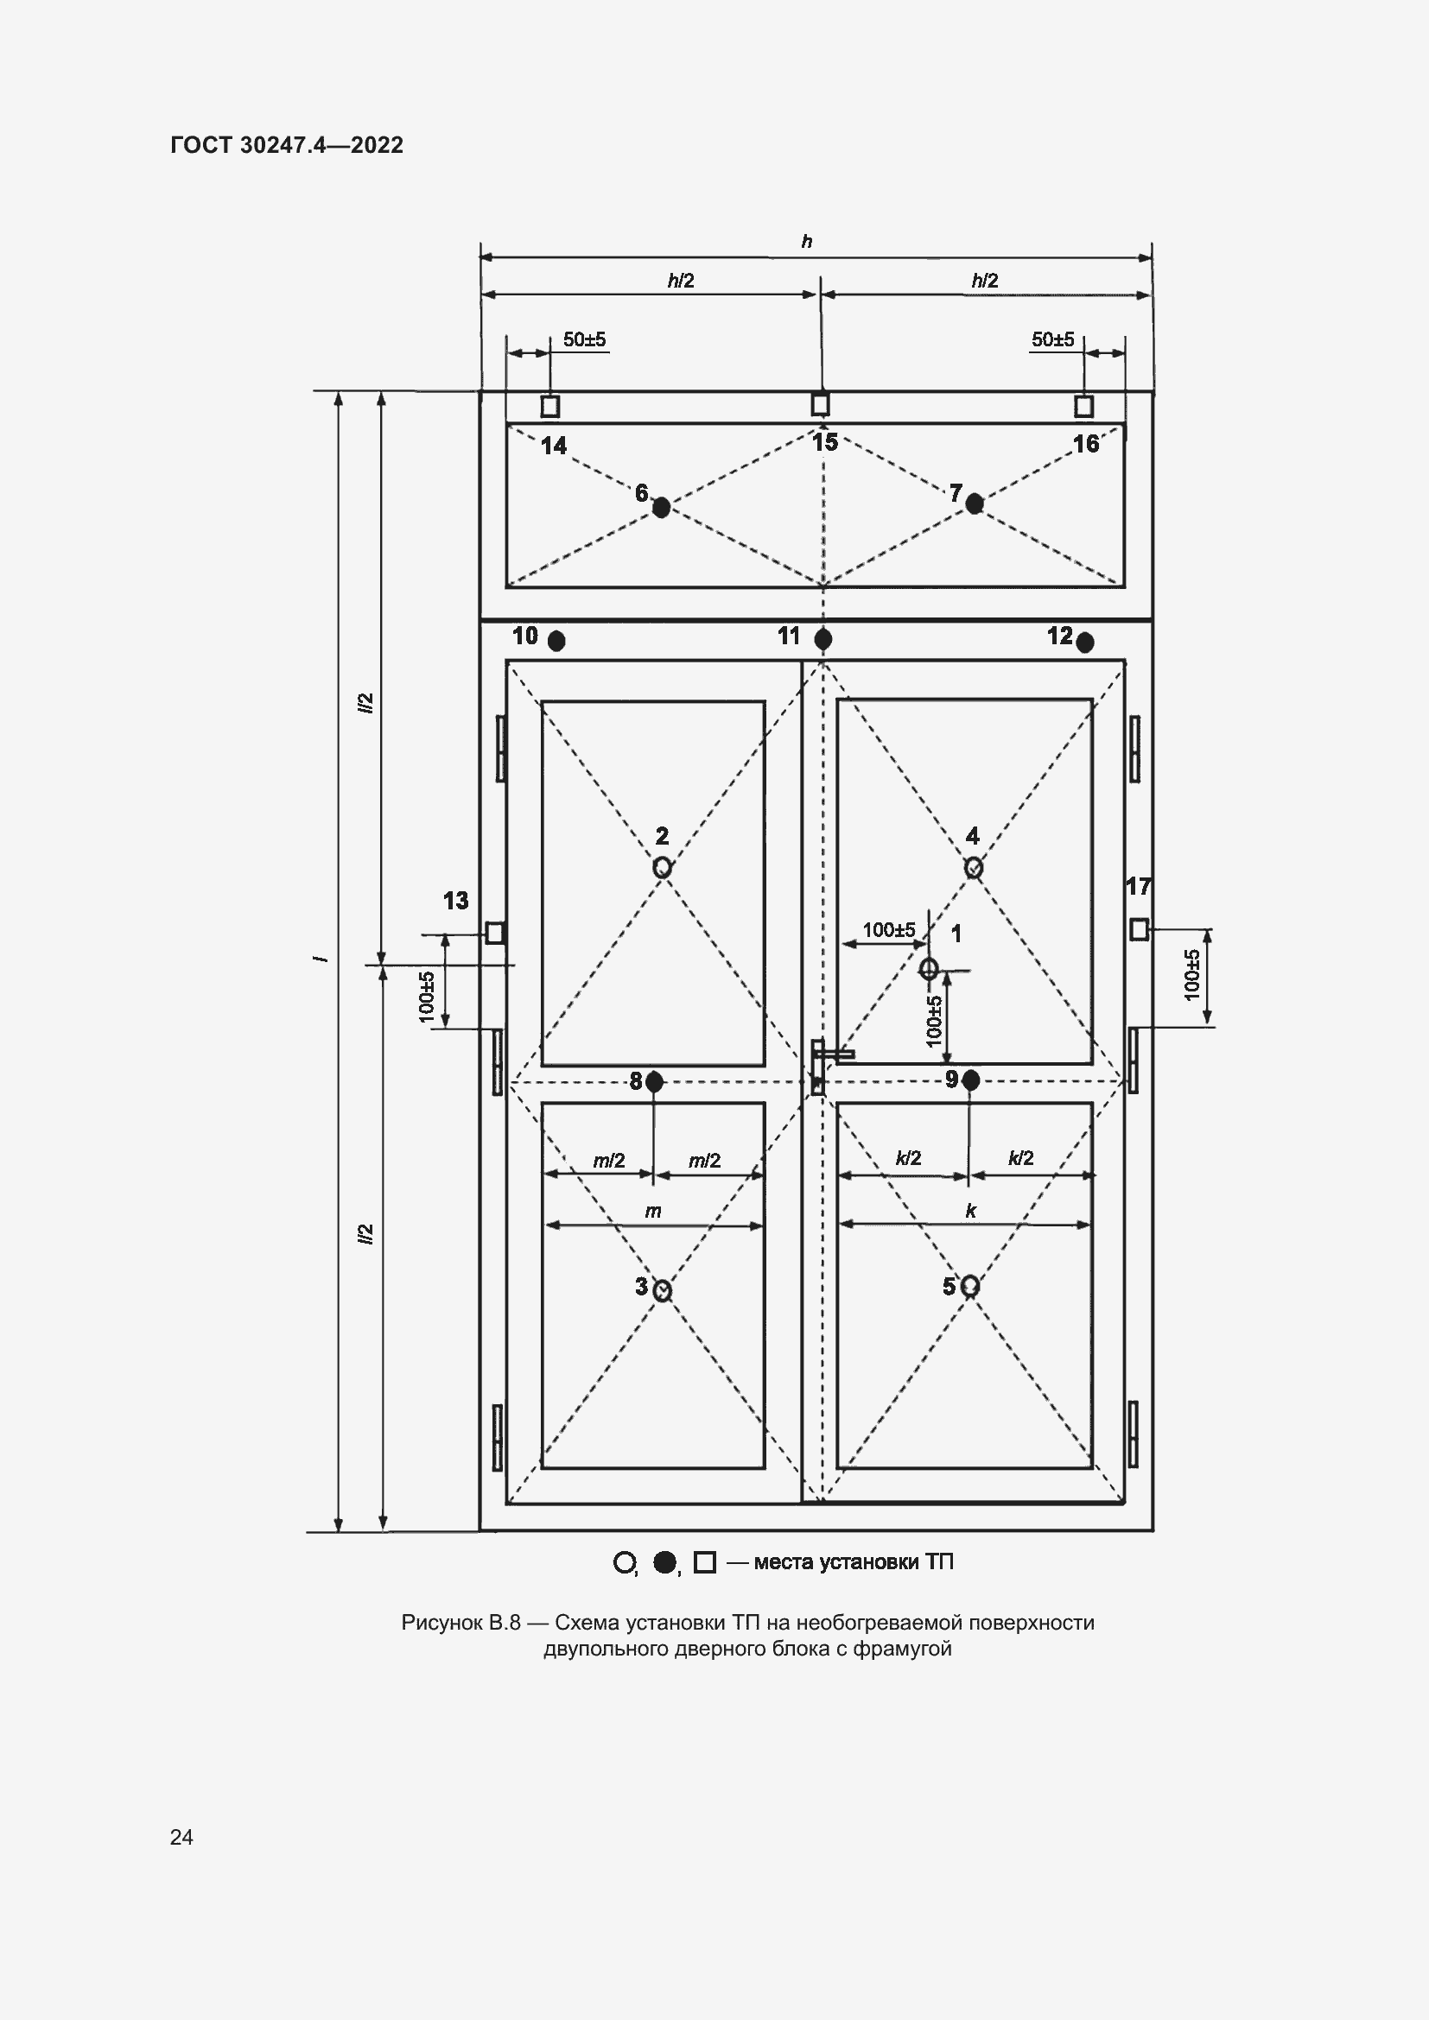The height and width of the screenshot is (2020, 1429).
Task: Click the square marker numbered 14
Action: point(550,407)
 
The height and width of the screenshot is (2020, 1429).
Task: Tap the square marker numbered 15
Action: point(820,404)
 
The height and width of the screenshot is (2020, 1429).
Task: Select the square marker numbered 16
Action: point(1084,406)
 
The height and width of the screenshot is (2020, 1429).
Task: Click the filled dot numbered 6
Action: point(661,507)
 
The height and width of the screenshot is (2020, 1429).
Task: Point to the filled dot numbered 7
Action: point(974,503)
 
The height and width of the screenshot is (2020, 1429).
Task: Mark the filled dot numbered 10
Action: point(556,642)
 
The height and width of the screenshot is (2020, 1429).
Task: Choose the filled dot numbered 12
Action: point(1085,643)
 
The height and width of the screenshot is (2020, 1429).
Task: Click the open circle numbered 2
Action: point(662,867)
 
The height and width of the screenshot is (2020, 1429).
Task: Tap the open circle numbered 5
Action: point(969,1286)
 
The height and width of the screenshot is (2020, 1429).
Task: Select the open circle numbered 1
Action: point(928,969)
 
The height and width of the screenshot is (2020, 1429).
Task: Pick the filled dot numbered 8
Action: point(654,1081)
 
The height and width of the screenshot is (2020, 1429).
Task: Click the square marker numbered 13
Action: point(495,932)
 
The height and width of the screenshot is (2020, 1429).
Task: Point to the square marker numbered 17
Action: point(1139,929)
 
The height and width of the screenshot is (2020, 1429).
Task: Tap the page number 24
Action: point(181,1837)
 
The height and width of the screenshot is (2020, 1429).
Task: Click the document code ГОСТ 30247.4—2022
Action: point(287,145)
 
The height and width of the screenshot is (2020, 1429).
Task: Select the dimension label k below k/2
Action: point(970,1211)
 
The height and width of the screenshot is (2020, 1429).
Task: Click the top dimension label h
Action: point(806,241)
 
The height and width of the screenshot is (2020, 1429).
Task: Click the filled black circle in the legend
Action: point(664,1561)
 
